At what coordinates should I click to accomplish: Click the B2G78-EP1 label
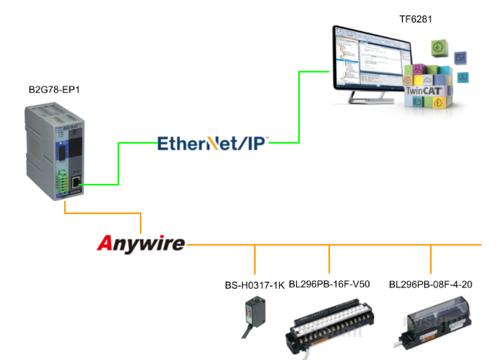point(54,90)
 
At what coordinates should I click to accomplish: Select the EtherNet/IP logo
point(213,143)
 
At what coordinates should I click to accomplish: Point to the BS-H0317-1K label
point(253,284)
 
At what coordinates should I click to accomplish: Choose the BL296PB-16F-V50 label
point(329,284)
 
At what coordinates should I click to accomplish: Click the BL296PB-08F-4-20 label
point(430,284)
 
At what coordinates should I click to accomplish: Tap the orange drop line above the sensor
point(255,257)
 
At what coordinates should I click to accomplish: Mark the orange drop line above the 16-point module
point(330,257)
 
